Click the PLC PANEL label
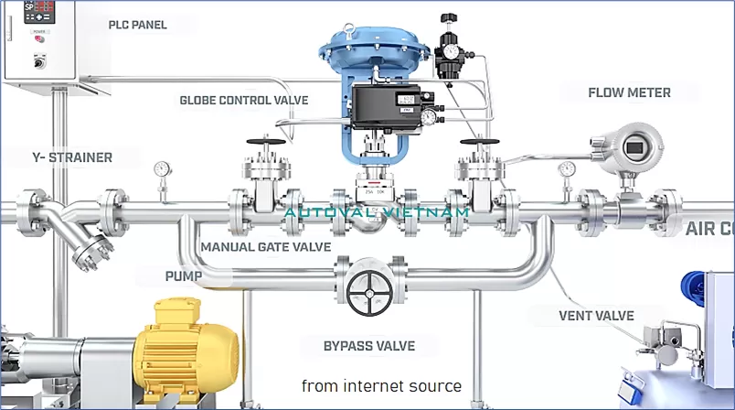pos(137,25)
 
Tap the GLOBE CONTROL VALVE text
pos(243,100)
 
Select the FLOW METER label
pos(629,92)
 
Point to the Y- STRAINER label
pos(59,157)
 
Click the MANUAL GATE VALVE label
pos(264,246)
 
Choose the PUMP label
pos(183,275)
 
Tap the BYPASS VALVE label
pos(369,346)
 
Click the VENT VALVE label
pos(596,316)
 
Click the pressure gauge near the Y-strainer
pos(163,169)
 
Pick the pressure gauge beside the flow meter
pos(567,170)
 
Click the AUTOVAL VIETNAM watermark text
pos(376,212)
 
